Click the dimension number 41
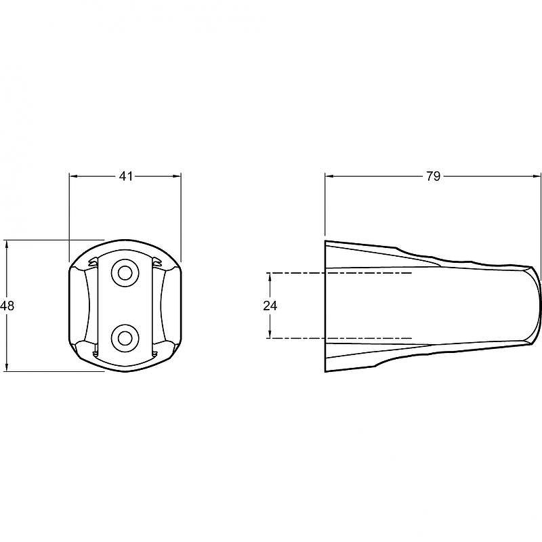coord(126,176)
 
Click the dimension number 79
coord(433,176)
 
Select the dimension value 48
coord(7,306)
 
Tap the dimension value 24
coord(270,306)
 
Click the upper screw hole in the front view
coord(125,273)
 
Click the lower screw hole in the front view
coord(125,338)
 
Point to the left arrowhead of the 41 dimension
coord(74,176)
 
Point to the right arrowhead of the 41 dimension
coord(177,176)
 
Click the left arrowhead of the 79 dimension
coord(329,176)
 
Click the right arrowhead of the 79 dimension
coord(537,176)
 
